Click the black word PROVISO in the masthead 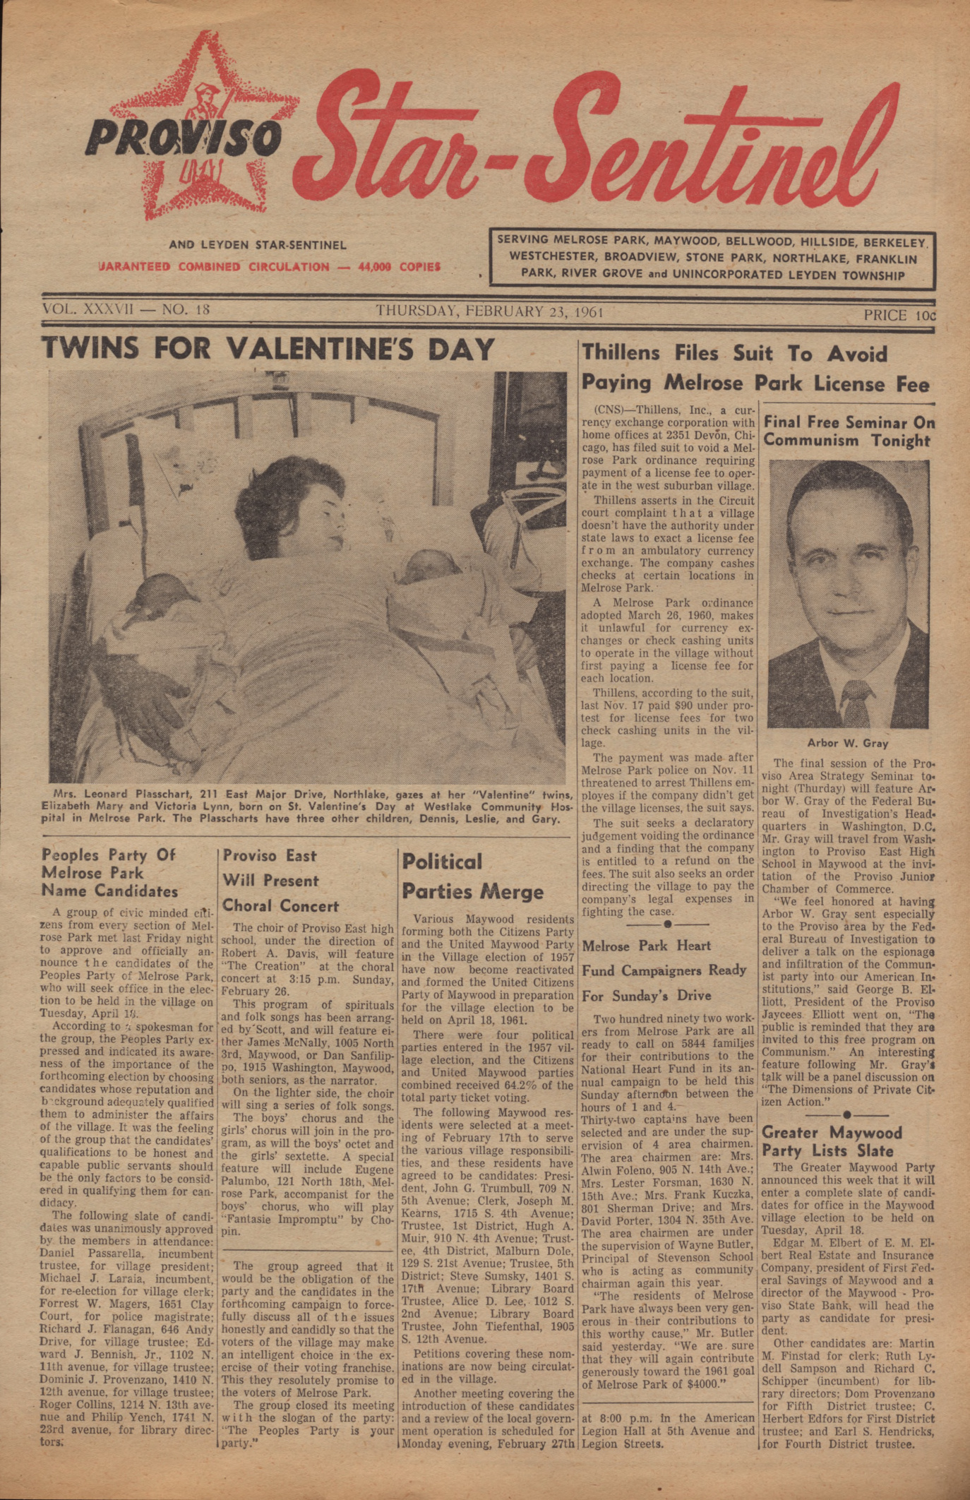click(x=182, y=138)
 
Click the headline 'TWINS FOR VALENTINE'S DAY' click(x=268, y=350)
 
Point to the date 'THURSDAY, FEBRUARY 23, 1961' click(x=489, y=311)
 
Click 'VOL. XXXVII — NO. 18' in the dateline click(x=126, y=309)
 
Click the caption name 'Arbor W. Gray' click(x=847, y=743)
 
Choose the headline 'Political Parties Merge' click(x=472, y=876)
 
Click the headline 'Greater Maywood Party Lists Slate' click(x=832, y=1141)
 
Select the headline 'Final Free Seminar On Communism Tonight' click(x=849, y=431)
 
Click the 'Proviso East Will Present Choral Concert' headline click(x=280, y=881)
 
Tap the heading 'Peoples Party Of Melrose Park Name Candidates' click(x=109, y=873)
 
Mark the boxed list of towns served click(x=712, y=258)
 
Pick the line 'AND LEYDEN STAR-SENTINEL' click(x=257, y=245)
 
